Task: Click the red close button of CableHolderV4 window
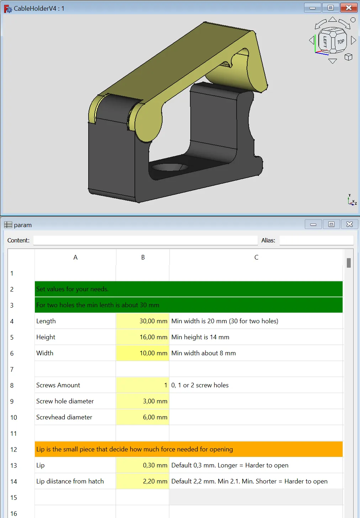[349, 8]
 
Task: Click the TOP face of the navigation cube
[340, 42]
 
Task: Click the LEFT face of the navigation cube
[325, 42]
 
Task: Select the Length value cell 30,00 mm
[143, 321]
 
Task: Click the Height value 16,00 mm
[143, 337]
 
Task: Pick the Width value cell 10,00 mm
[143, 353]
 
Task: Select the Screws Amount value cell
[143, 385]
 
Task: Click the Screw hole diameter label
[65, 401]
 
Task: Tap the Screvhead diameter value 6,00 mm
[143, 417]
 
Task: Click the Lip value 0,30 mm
[143, 465]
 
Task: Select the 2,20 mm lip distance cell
[143, 481]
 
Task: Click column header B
[143, 257]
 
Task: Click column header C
[256, 257]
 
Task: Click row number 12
[14, 450]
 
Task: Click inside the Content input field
[145, 240]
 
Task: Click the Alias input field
[316, 240]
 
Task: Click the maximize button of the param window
[331, 224]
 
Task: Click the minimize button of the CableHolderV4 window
[313, 8]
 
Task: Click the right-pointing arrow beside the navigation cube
[353, 40]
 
